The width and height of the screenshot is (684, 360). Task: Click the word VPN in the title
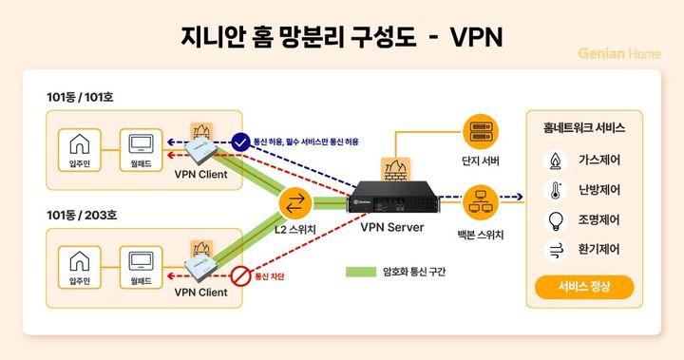(x=475, y=36)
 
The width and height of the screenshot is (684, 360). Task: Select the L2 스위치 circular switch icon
(x=295, y=203)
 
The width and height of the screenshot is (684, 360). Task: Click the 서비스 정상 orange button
(x=583, y=286)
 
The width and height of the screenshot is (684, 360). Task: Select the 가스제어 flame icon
(x=555, y=159)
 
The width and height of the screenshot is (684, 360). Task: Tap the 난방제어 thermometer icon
(x=555, y=189)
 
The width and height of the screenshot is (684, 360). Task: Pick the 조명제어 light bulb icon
(x=555, y=219)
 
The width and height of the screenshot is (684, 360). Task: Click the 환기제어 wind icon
(x=555, y=250)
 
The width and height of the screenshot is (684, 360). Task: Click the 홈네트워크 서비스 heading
(x=583, y=125)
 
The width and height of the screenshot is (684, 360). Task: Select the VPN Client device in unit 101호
(x=201, y=150)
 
